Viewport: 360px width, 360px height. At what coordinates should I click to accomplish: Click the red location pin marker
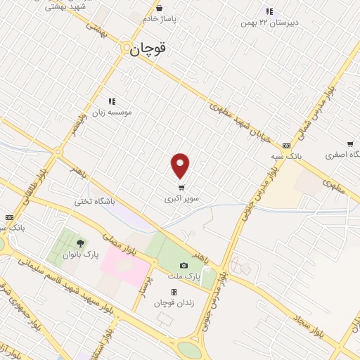click(181, 165)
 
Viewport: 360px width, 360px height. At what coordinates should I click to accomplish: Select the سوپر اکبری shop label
click(182, 199)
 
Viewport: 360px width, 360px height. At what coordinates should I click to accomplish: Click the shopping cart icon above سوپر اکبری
click(182, 188)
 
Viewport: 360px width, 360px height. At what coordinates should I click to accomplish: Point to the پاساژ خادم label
click(157, 19)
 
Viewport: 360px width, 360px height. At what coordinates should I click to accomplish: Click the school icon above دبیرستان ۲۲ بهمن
click(269, 11)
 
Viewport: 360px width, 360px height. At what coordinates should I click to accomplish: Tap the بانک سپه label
click(288, 156)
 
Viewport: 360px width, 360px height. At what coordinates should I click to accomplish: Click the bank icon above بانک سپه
click(285, 146)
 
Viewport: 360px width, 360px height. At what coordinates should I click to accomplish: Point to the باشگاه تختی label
click(94, 202)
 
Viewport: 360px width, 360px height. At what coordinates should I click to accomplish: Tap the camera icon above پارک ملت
click(184, 266)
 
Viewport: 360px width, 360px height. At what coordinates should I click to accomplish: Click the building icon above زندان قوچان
click(173, 292)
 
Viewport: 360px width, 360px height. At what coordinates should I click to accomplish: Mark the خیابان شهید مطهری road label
click(238, 120)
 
